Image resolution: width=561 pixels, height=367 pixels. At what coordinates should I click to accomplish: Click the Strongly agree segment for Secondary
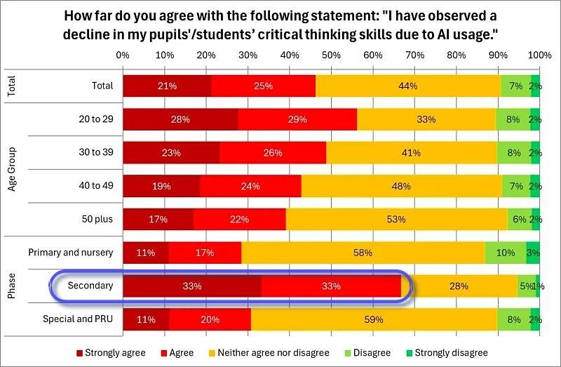(x=192, y=286)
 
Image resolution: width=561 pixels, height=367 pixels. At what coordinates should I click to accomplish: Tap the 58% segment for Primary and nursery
(x=363, y=253)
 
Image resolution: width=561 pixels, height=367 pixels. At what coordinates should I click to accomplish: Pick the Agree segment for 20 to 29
(x=297, y=119)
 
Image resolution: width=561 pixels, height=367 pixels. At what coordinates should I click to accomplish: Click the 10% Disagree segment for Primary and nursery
(x=505, y=253)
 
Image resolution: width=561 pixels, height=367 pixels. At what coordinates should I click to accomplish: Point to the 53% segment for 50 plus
(x=396, y=219)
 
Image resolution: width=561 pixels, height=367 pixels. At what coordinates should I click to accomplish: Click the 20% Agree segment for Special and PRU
(x=210, y=319)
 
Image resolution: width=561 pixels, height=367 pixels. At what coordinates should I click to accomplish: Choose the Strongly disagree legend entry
(x=447, y=352)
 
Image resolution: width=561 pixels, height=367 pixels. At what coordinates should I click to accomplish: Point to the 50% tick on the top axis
(x=331, y=55)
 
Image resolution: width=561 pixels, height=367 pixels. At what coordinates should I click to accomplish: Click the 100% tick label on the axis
(x=539, y=55)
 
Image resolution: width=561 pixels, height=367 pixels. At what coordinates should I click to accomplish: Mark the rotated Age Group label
(x=12, y=169)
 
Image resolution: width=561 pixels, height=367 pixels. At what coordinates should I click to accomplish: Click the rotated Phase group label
(x=12, y=286)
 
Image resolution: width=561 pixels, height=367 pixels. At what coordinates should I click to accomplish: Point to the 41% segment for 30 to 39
(x=411, y=152)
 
